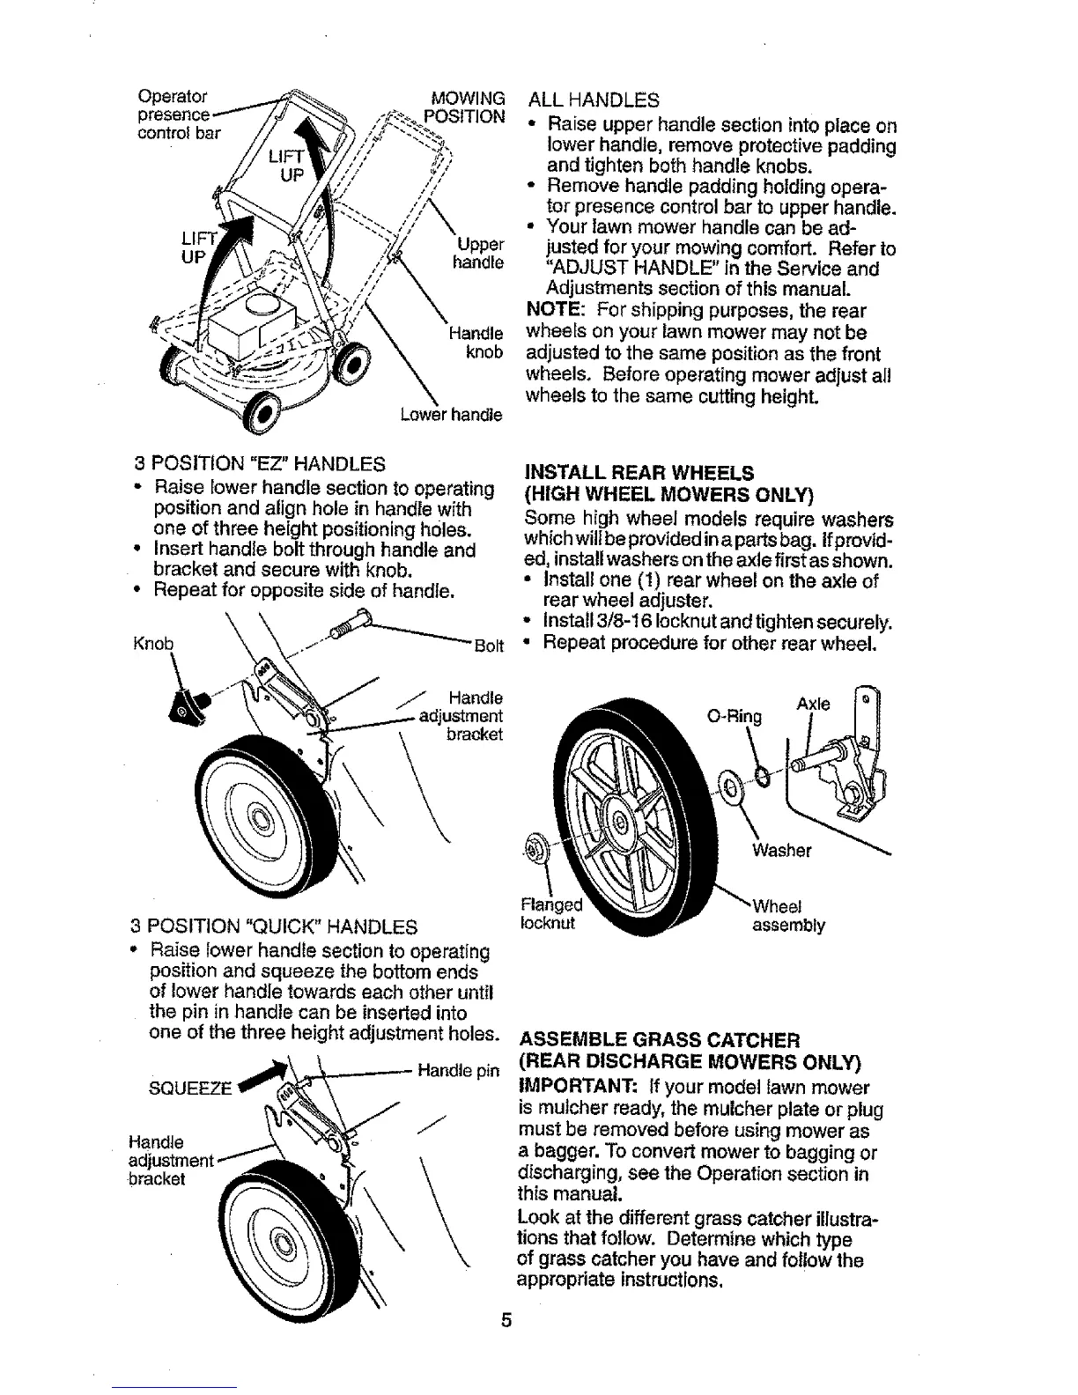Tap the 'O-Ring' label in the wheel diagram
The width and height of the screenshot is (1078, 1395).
point(734,716)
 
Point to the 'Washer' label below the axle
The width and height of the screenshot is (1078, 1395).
point(781,850)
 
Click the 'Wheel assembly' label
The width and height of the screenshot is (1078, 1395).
point(788,916)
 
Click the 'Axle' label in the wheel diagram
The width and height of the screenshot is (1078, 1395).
point(812,704)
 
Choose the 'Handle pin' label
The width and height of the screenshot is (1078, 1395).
point(458,1071)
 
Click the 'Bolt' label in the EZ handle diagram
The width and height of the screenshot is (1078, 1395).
point(489,646)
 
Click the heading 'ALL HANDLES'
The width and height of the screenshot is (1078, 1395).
point(592,100)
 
